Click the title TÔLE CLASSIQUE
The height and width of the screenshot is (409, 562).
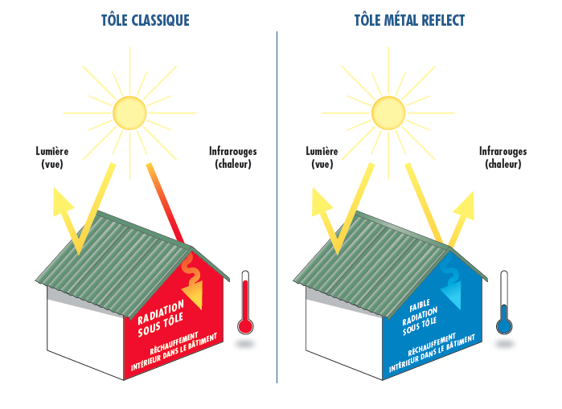146,20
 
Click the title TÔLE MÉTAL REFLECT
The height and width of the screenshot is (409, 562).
411,20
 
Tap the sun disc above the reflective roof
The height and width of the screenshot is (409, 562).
388,112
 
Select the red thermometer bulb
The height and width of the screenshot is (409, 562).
246,325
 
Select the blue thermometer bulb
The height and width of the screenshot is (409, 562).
504,325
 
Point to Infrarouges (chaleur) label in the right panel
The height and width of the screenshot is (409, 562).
503,157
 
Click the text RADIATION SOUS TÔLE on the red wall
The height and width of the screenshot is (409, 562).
162,316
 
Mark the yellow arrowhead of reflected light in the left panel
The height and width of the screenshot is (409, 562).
61,198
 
